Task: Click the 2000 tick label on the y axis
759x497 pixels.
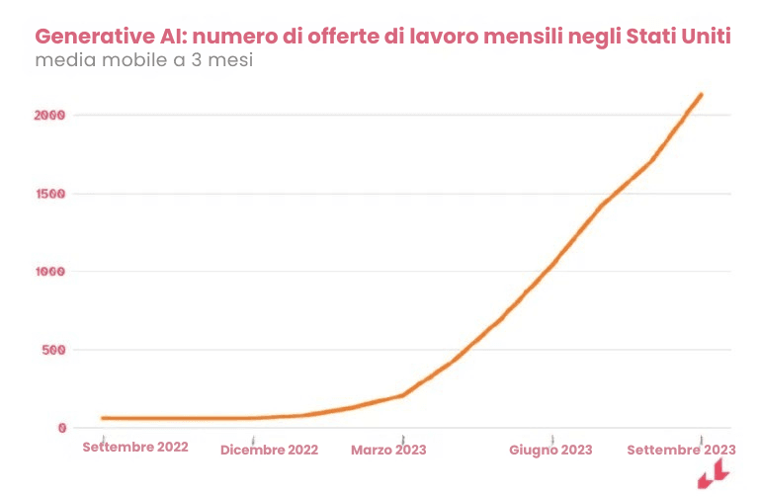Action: point(48,115)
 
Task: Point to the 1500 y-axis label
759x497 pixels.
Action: point(48,194)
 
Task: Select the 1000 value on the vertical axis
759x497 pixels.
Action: point(48,272)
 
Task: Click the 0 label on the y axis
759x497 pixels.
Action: point(61,428)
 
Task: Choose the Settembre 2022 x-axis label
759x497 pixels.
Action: point(135,447)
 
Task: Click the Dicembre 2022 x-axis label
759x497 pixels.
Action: point(269,450)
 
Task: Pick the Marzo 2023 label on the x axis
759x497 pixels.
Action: point(388,450)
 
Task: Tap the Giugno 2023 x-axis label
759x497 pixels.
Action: point(550,450)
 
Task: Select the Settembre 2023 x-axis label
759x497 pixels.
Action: point(681,450)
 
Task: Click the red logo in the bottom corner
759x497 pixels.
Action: point(713,475)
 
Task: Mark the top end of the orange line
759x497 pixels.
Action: point(701,95)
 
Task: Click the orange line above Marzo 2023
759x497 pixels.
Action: point(402,395)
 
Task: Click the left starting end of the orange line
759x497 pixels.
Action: point(103,418)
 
